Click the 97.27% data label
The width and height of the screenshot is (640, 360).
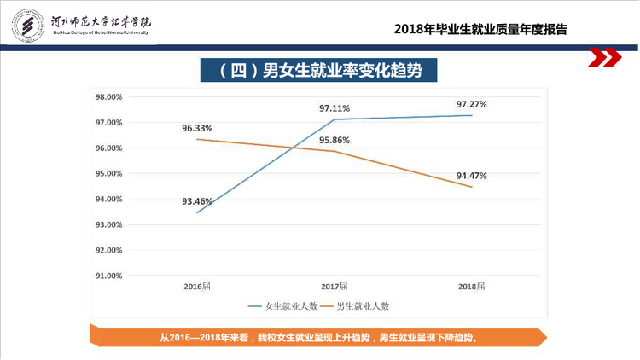471,104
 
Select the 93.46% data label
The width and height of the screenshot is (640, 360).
197,201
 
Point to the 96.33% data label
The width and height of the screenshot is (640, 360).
197,128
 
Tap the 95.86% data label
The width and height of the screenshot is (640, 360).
335,141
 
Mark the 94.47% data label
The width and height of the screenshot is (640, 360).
471,176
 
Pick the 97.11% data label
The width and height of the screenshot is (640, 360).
335,108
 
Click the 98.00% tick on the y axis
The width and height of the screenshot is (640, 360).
109,97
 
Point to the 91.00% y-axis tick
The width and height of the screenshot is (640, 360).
109,276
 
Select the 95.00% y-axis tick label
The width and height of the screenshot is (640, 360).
109,174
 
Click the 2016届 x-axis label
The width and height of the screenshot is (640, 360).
197,287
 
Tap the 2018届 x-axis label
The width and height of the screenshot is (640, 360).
471,287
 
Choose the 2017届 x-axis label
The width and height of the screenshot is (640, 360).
335,287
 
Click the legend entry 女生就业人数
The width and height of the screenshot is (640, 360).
282,306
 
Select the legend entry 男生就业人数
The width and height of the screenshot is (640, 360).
355,306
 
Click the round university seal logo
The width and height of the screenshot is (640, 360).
28,26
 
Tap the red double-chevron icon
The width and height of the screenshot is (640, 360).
604,57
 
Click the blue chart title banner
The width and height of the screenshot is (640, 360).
318,70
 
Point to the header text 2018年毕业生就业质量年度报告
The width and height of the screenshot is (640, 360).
480,29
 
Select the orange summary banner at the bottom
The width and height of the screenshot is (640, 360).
318,337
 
